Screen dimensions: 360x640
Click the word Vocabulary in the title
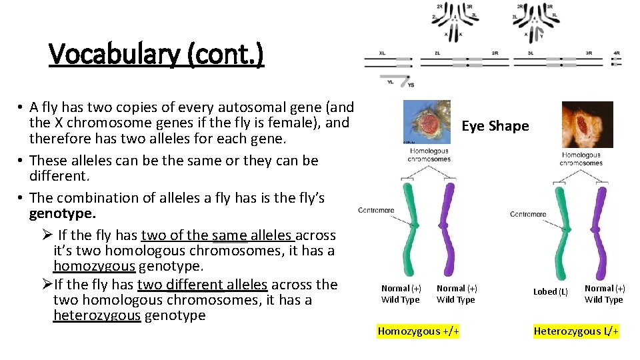click(x=113, y=55)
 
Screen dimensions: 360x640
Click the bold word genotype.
click(x=62, y=214)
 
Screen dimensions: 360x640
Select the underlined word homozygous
click(x=94, y=267)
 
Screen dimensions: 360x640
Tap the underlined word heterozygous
click(x=97, y=315)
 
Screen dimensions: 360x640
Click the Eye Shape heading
click(x=495, y=126)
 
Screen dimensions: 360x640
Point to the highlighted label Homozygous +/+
click(x=418, y=331)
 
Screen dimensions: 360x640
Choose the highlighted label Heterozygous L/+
click(x=576, y=331)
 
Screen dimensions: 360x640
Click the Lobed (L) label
click(x=551, y=292)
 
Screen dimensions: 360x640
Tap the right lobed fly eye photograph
click(x=587, y=124)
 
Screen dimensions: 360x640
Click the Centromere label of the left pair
click(x=376, y=210)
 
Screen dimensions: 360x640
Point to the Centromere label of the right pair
click(x=528, y=214)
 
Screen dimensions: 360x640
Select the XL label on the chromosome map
click(x=382, y=52)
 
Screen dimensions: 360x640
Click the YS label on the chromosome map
click(x=411, y=85)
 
